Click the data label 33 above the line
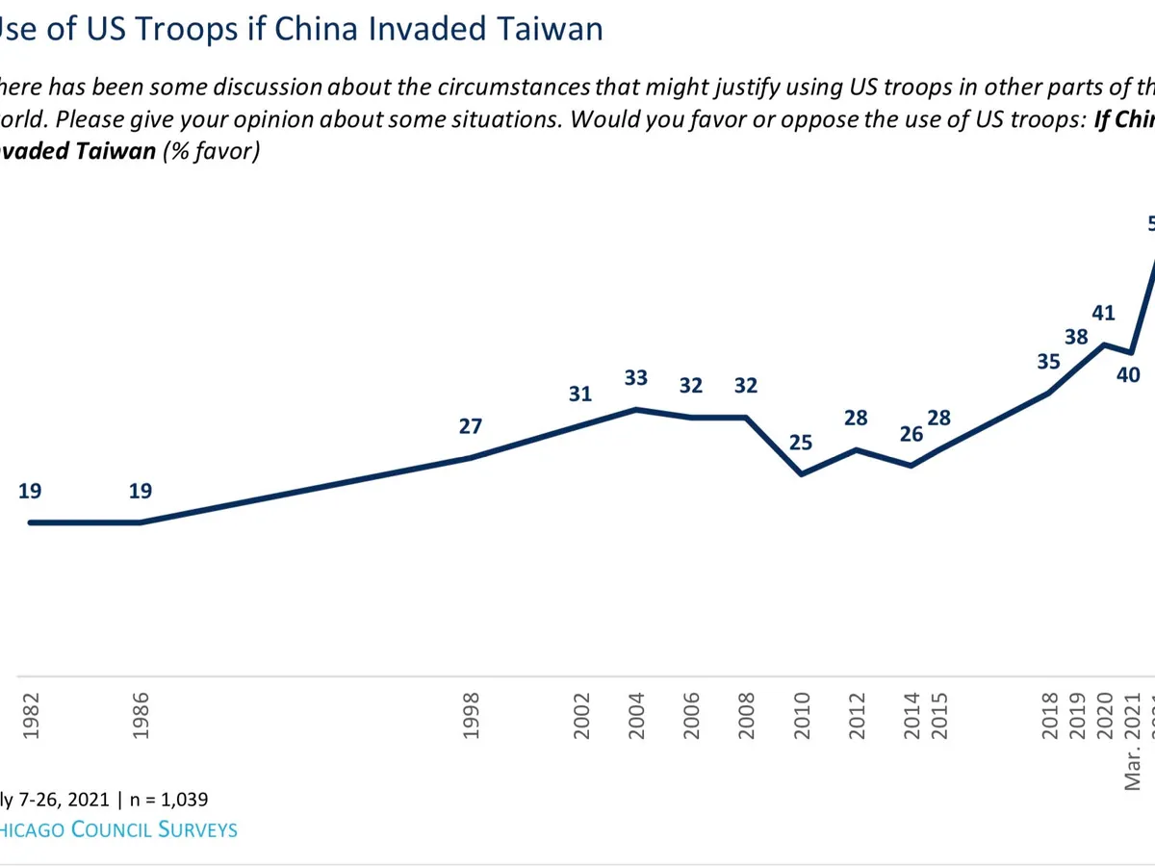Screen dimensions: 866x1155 click(636, 378)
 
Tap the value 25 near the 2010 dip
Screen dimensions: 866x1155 click(801, 443)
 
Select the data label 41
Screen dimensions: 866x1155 click(1103, 340)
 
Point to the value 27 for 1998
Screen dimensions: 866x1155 click(470, 426)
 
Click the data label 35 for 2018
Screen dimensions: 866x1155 click(1048, 362)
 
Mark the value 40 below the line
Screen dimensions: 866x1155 click(1128, 376)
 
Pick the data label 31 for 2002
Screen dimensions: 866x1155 click(580, 394)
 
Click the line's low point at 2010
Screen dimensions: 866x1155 click(802, 474)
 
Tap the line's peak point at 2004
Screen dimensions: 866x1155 click(636, 409)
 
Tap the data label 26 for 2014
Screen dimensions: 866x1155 click(911, 434)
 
